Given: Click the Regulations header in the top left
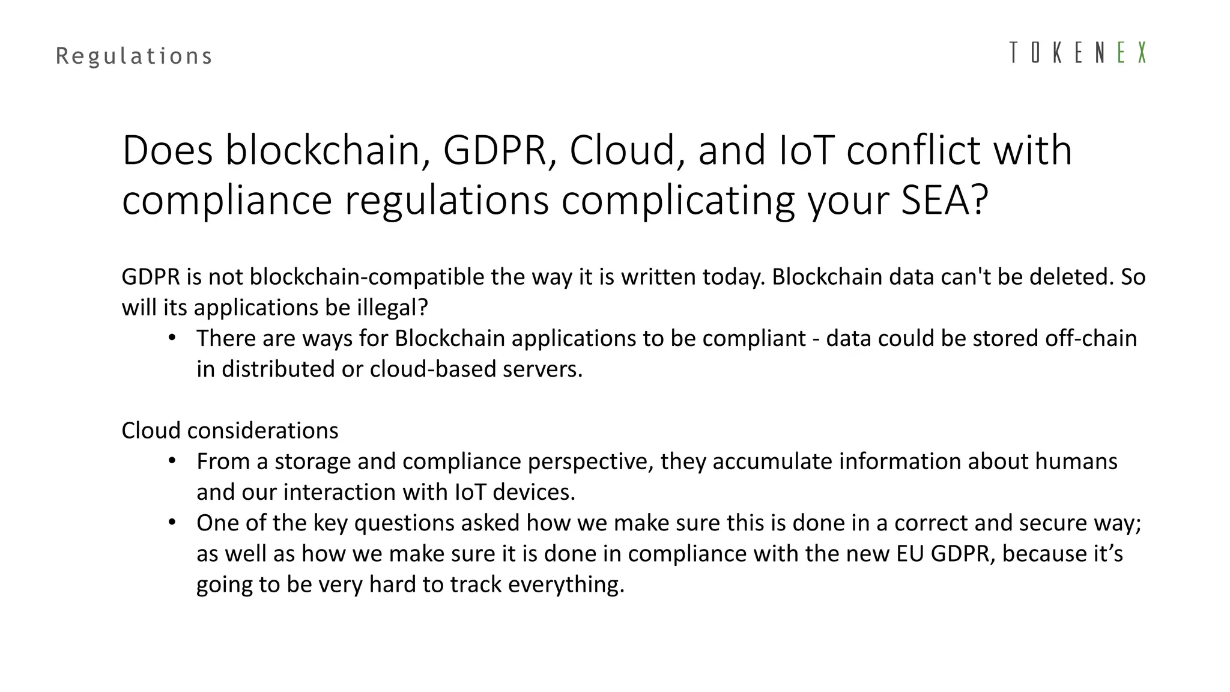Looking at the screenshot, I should pyautogui.click(x=134, y=56).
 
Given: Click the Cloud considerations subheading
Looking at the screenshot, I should pyautogui.click(x=230, y=431).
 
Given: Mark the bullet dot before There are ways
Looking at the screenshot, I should pyautogui.click(x=172, y=338).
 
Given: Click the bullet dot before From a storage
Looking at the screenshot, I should pyautogui.click(x=172, y=461).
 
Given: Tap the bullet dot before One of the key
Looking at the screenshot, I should pyautogui.click(x=172, y=522).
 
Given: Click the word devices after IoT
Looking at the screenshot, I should pyautogui.click(x=533, y=492).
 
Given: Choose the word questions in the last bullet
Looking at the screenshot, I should pyautogui.click(x=404, y=523).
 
